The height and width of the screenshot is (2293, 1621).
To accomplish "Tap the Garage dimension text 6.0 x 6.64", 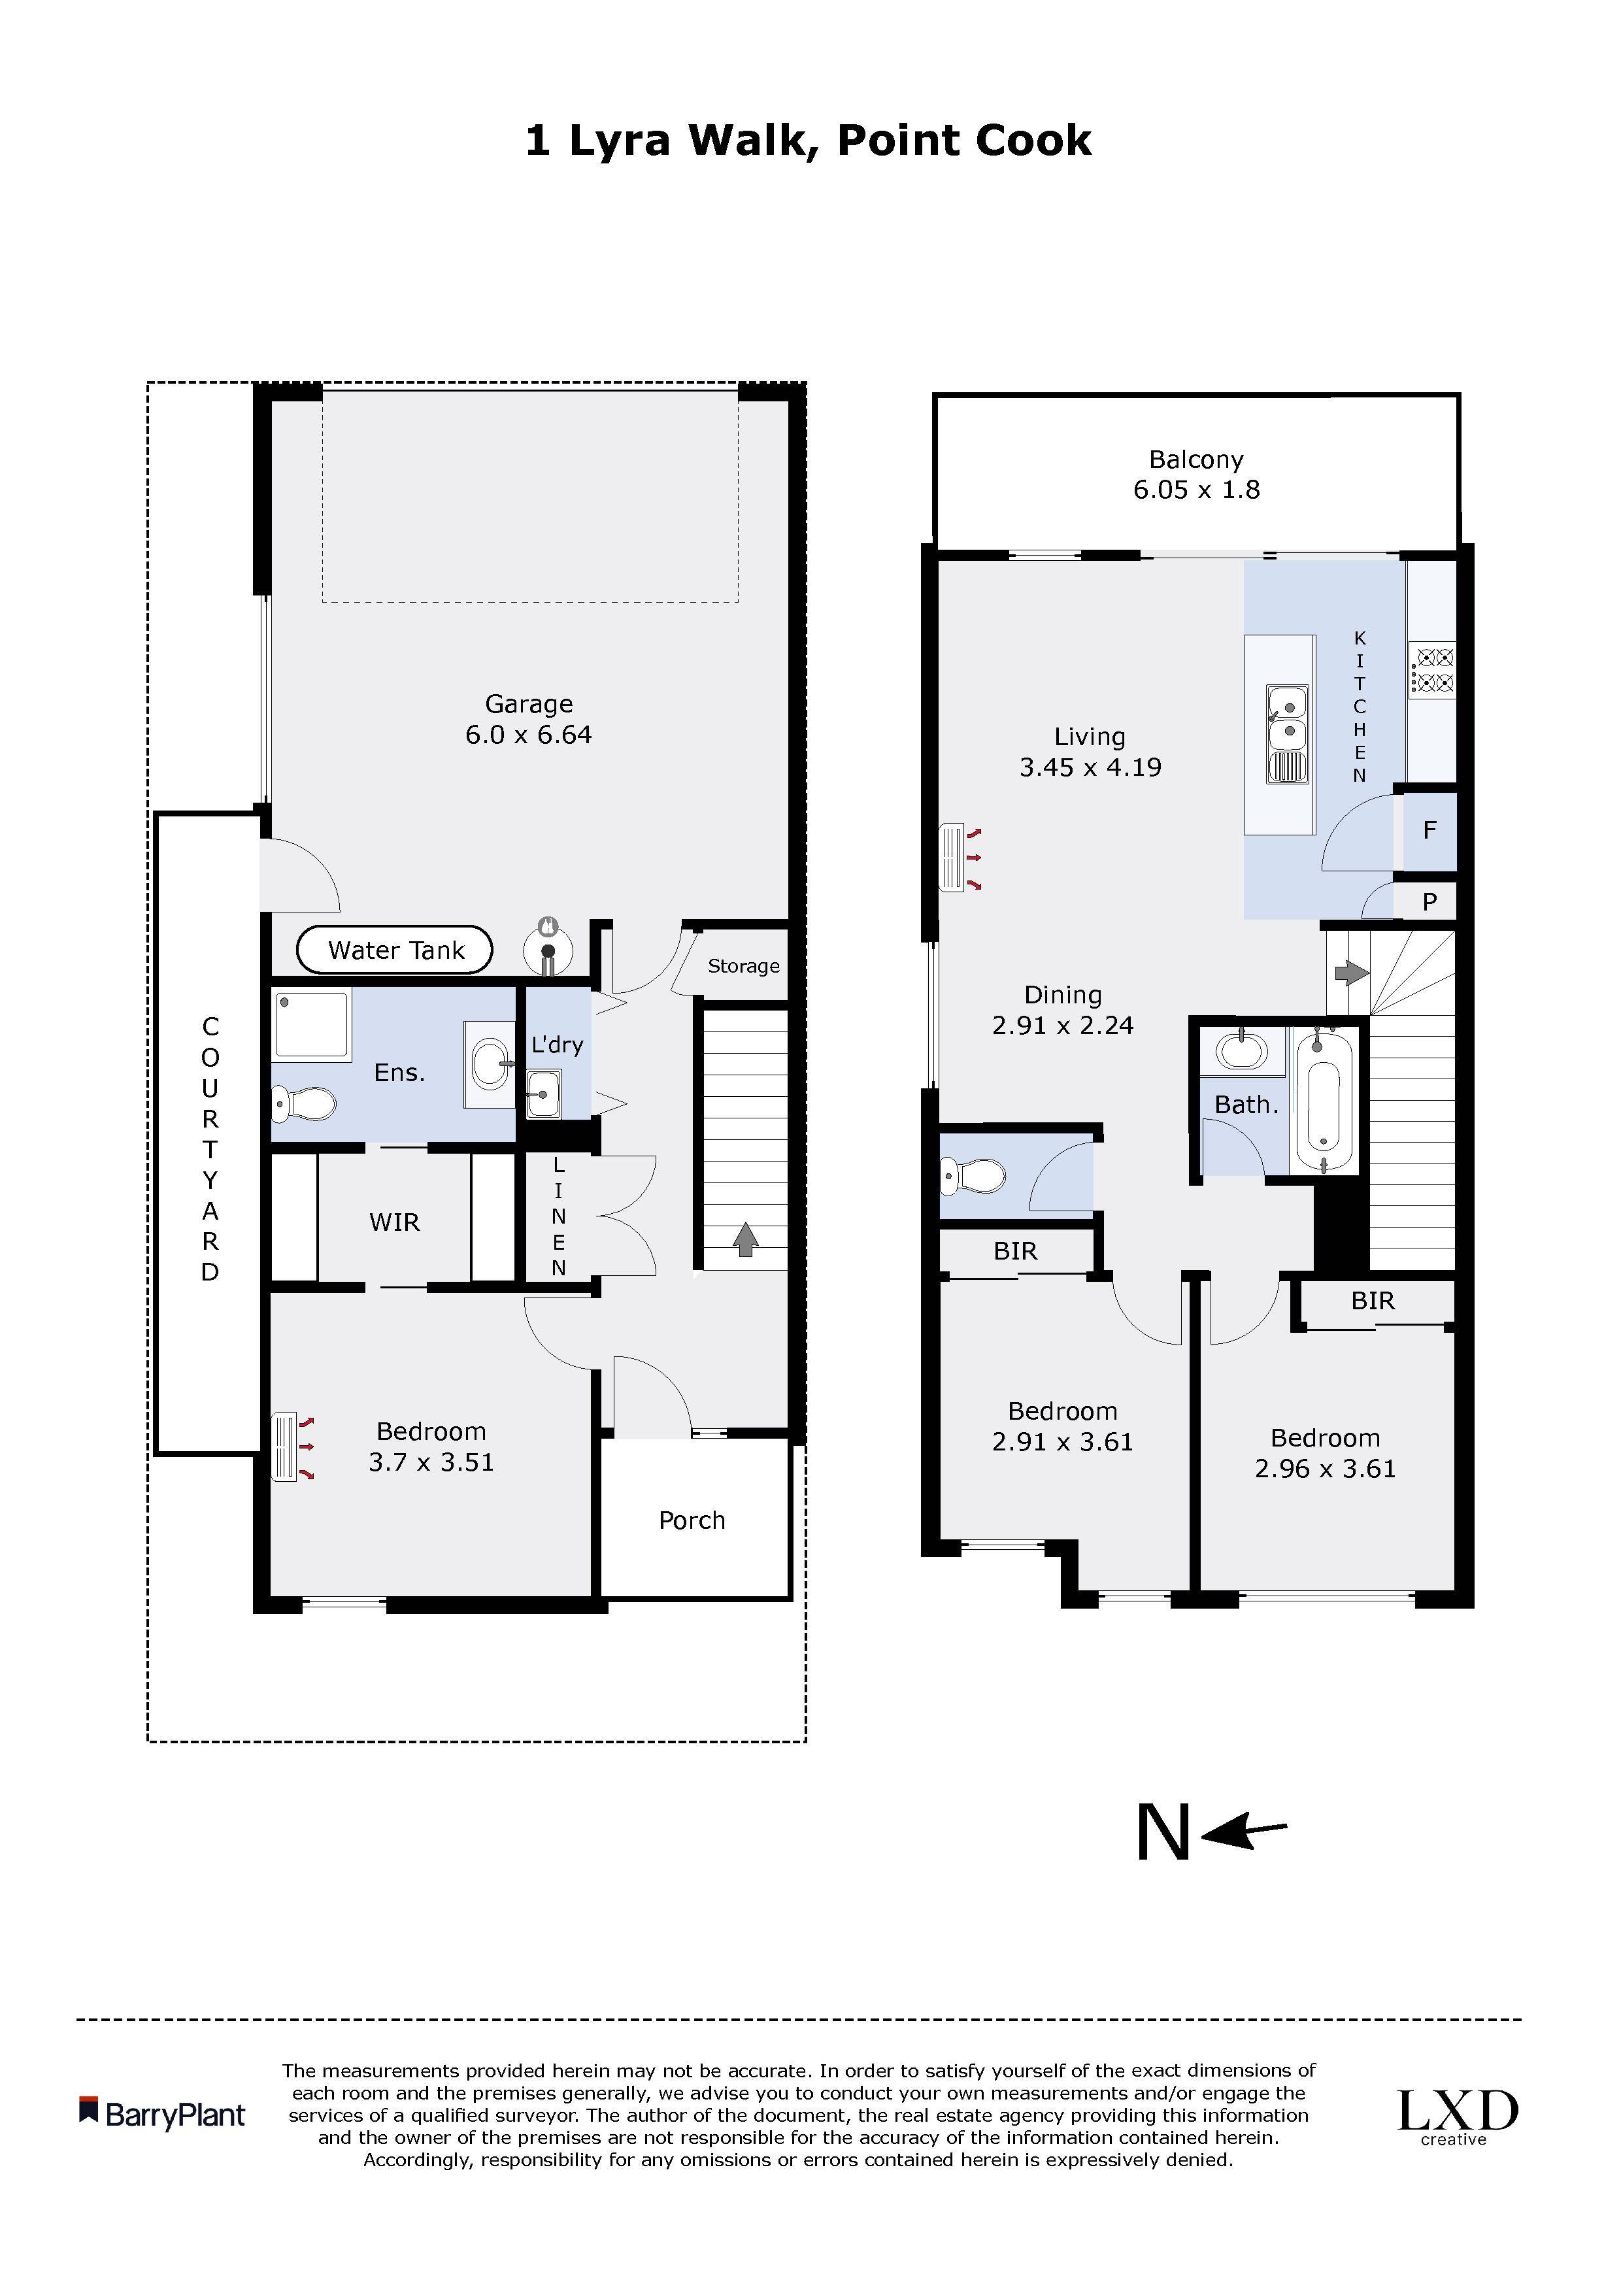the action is pyautogui.click(x=528, y=735).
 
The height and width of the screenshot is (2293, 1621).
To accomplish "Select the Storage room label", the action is pyautogui.click(x=743, y=965).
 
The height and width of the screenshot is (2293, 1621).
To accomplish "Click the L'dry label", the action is pyautogui.click(x=556, y=1045).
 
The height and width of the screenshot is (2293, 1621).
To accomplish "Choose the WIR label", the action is pyautogui.click(x=395, y=1222).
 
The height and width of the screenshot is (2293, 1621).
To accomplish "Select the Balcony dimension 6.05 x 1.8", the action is pyautogui.click(x=1197, y=490).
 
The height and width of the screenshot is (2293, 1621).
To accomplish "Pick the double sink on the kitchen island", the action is pyautogui.click(x=1288, y=732).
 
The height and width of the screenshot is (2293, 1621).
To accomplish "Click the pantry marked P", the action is pyautogui.click(x=1429, y=902).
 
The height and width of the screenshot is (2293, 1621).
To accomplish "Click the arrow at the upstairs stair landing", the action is pyautogui.click(x=1350, y=972).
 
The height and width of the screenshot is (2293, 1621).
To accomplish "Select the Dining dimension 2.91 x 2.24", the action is pyautogui.click(x=1063, y=1026).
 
